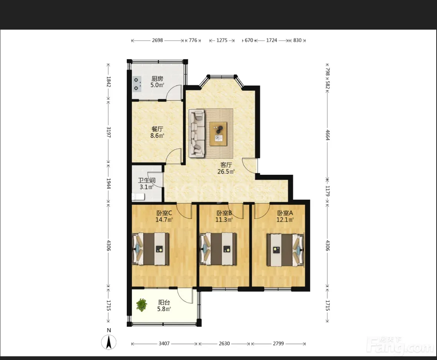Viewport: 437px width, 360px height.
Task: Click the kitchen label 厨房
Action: pos(157,79)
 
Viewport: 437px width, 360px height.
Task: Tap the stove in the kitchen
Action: pos(136,84)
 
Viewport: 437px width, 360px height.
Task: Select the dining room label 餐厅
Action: pos(157,129)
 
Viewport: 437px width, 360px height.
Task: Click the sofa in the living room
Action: pos(196,133)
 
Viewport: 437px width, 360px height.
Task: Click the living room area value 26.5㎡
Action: pos(226,171)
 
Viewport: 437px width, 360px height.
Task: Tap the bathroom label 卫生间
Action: pos(147,180)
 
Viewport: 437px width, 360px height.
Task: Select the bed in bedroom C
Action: pos(150,249)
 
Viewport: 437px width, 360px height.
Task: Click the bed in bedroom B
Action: pos(219,249)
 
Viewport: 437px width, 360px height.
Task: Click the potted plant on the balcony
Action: pos(142,305)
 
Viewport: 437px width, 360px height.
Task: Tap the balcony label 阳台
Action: pos(164,302)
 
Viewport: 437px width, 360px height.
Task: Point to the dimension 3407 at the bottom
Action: pos(164,344)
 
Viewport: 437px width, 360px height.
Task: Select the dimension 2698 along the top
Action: pos(158,40)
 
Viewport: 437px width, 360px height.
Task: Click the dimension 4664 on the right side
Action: pos(327,135)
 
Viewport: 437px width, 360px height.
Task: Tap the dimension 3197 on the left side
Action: pos(108,132)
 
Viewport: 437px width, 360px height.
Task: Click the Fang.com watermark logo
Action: pos(400,345)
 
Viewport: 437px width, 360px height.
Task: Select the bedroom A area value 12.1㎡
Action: pos(285,220)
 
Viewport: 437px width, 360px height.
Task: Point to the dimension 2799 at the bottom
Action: pos(278,344)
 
